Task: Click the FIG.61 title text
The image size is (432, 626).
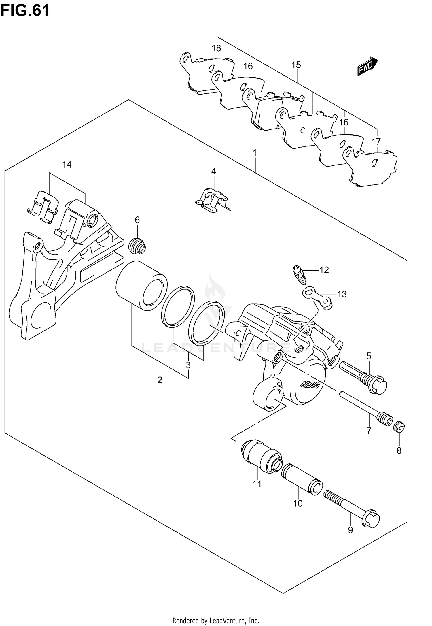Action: (x=25, y=11)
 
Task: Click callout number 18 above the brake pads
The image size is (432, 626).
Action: (x=216, y=48)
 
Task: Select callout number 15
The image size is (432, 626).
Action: (x=296, y=65)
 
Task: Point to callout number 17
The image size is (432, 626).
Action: (x=376, y=142)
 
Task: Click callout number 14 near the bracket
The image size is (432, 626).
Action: (x=67, y=165)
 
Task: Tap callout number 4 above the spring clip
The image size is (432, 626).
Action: (x=213, y=171)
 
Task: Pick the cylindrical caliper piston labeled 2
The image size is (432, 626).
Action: (x=141, y=286)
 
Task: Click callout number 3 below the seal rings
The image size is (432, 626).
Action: (x=188, y=365)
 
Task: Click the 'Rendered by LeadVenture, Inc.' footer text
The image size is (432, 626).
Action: (x=216, y=619)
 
